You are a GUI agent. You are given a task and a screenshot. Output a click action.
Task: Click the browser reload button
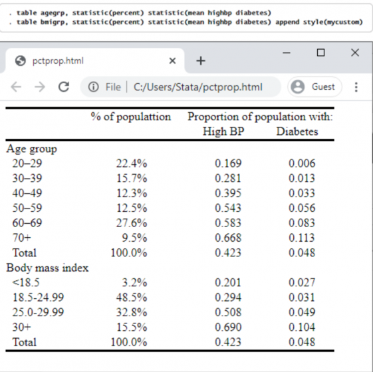click(64, 87)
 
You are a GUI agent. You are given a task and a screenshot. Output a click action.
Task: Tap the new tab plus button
click(201, 61)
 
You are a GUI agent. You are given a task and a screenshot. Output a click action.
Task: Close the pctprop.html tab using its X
click(172, 61)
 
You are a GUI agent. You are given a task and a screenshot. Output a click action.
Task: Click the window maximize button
click(320, 52)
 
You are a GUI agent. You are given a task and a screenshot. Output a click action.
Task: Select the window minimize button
click(287, 52)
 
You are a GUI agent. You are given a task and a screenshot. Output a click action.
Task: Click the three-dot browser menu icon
click(356, 87)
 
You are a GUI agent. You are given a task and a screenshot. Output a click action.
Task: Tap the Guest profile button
click(314, 87)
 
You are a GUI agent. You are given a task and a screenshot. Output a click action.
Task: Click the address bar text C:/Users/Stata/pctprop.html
click(198, 87)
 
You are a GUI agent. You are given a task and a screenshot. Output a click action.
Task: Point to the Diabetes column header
click(297, 132)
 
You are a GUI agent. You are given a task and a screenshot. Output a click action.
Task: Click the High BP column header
click(223, 132)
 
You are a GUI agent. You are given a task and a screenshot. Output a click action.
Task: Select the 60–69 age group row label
click(27, 223)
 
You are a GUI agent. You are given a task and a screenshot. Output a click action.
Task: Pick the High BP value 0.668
click(228, 238)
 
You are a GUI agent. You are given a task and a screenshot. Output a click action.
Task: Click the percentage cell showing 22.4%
click(132, 163)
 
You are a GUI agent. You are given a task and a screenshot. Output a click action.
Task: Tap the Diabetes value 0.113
click(302, 238)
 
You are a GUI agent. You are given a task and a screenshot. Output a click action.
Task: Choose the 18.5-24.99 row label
click(38, 298)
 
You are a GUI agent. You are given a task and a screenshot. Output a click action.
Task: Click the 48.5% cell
click(132, 298)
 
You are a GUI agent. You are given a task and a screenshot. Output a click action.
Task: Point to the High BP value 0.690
click(228, 327)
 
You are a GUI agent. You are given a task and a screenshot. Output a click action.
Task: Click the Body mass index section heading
click(47, 268)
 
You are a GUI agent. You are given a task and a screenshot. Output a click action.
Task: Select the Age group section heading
click(32, 149)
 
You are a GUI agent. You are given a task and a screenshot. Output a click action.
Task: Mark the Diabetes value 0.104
click(302, 327)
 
